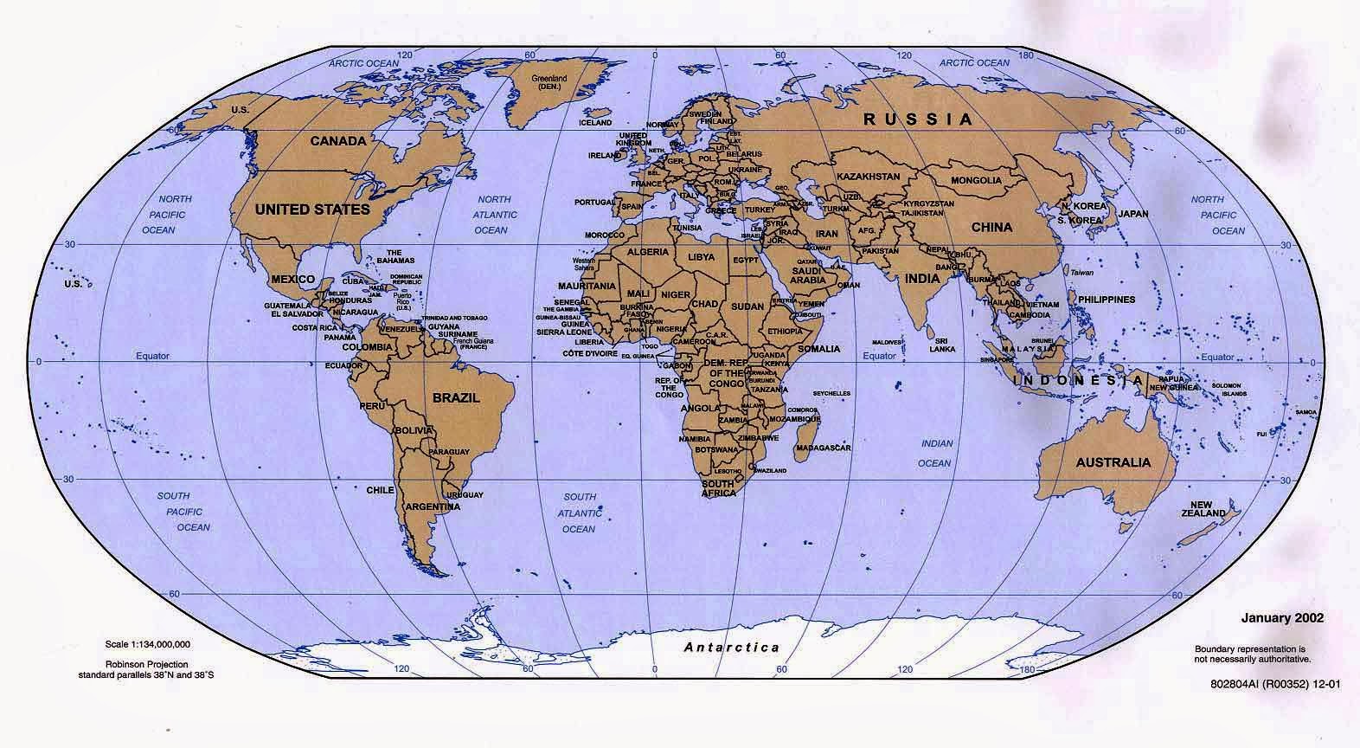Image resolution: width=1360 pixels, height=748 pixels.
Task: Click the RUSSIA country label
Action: click(923, 119)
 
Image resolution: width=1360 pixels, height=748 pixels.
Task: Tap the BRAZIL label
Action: click(455, 398)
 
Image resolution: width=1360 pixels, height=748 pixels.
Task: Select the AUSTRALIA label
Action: click(1113, 462)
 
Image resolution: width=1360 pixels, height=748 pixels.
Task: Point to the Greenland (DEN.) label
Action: click(549, 82)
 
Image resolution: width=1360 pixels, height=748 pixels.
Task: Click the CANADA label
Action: click(337, 140)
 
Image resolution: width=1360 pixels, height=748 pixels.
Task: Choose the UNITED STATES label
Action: click(311, 210)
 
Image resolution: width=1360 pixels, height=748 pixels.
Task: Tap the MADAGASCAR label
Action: click(824, 448)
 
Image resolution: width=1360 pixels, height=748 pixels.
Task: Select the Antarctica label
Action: click(731, 647)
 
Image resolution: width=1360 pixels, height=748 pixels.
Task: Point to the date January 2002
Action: click(1282, 618)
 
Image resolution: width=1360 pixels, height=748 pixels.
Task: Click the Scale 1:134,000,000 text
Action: click(148, 645)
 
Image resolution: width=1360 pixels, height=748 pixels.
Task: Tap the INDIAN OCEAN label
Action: click(936, 453)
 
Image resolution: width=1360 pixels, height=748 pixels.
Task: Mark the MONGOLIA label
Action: click(976, 181)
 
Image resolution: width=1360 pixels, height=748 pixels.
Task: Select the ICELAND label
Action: click(594, 123)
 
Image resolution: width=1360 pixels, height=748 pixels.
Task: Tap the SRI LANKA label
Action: click(943, 344)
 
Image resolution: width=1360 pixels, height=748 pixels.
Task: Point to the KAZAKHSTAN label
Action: click(868, 176)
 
